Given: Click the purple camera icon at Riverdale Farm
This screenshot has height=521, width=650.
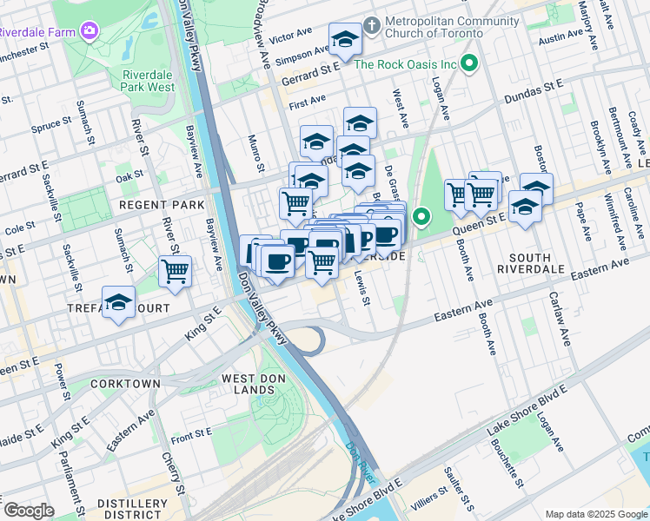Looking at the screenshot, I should (89, 31).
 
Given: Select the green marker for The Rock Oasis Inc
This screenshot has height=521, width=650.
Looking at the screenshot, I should (470, 63).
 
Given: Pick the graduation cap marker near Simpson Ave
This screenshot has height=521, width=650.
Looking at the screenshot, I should (345, 40).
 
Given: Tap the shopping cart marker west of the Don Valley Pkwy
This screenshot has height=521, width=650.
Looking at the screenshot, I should (176, 272).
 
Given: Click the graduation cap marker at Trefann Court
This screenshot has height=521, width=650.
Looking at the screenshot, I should (119, 304).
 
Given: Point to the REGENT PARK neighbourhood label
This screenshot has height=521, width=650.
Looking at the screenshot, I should (161, 205).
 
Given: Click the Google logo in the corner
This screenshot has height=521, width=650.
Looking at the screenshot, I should (28, 511).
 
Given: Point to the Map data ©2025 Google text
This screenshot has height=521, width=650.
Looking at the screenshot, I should (596, 514).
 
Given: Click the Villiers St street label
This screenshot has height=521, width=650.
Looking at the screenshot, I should (428, 502).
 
